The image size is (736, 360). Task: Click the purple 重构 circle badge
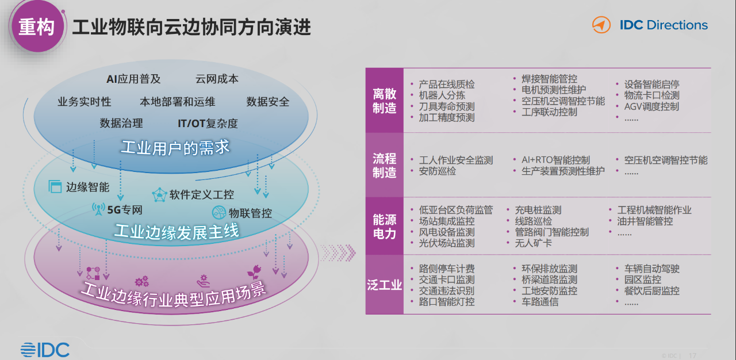point(37,26)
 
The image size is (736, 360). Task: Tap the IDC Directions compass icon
point(601,25)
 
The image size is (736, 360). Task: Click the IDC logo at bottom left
point(45,350)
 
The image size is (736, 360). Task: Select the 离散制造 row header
point(385,101)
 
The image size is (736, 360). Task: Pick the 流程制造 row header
point(385,165)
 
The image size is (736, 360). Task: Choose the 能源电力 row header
point(385,226)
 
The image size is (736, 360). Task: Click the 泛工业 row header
point(385,285)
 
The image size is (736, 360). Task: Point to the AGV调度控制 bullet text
point(651,106)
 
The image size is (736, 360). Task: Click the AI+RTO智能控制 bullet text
point(555,160)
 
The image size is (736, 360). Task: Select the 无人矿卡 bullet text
point(533,243)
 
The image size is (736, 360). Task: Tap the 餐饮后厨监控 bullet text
point(651,290)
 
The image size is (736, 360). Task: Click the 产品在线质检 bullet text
point(447,85)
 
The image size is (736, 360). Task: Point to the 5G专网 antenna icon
point(98,209)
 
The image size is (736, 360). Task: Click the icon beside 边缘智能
point(55,186)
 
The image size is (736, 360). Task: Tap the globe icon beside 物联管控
point(219,213)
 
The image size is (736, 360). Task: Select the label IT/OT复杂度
point(208,124)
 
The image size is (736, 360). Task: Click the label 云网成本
point(217,79)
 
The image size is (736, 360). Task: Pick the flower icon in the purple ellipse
point(254,272)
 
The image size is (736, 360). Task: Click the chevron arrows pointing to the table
point(338,253)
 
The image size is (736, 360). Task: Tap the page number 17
point(692,355)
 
